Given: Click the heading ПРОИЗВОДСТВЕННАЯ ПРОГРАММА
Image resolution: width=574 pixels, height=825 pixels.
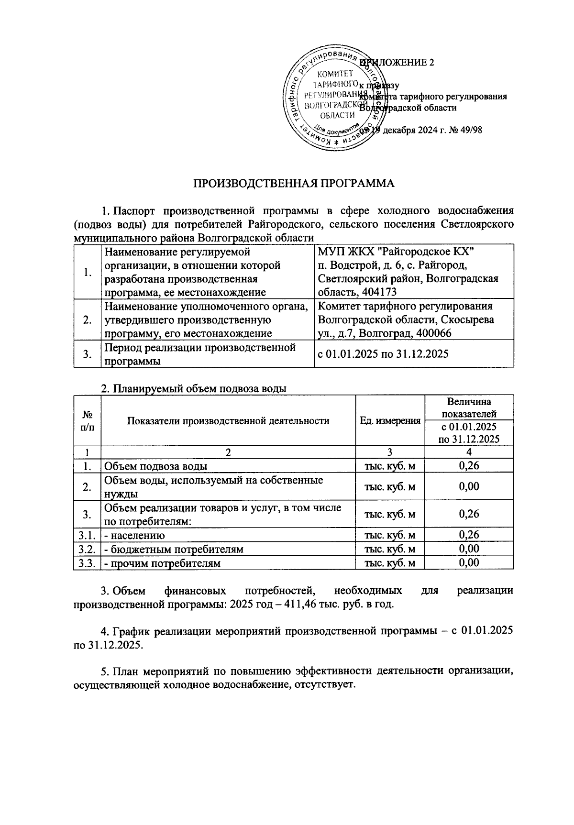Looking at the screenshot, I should [294, 184].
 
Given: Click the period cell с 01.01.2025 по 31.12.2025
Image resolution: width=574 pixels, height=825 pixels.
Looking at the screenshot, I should [383, 354].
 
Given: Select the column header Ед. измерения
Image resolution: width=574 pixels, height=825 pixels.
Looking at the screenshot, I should [390, 421].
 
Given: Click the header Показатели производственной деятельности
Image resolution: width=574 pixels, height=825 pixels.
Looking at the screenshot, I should [228, 421].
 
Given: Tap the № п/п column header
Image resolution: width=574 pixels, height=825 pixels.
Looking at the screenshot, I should [87, 421].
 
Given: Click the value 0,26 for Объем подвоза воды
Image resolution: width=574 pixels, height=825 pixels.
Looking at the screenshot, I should [469, 466].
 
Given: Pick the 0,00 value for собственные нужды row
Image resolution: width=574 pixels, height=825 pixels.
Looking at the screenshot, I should [469, 487].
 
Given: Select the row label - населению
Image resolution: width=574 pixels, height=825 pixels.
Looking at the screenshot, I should [135, 536].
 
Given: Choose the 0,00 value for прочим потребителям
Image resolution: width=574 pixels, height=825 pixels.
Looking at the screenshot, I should [469, 563].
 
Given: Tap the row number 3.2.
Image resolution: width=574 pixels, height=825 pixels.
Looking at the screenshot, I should [87, 550].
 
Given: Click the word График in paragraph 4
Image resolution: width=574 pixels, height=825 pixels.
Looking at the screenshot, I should [129, 631].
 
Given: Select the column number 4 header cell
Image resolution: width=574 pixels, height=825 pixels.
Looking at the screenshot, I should [469, 452].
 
